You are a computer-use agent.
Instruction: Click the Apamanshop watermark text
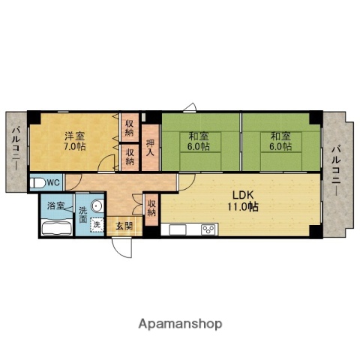(x=180, y=324)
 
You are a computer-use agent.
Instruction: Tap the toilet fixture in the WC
(x=37, y=183)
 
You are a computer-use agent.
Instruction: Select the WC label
(x=53, y=183)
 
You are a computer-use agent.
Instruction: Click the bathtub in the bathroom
(x=57, y=227)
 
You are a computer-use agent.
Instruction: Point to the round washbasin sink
(x=97, y=206)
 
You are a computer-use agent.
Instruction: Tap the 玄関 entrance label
(x=124, y=226)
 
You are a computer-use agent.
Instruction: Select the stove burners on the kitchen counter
(x=208, y=229)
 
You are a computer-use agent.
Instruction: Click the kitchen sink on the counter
(x=178, y=229)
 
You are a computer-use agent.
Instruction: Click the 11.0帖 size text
(x=243, y=206)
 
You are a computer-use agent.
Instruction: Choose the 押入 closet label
(x=151, y=148)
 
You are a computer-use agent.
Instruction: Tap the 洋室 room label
(x=75, y=136)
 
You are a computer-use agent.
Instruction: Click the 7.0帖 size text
(x=75, y=146)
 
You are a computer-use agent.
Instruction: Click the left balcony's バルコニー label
(x=16, y=148)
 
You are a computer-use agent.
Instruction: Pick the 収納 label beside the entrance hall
(x=151, y=208)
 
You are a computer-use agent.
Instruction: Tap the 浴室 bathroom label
(x=55, y=205)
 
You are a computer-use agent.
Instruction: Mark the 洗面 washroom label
(x=83, y=214)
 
